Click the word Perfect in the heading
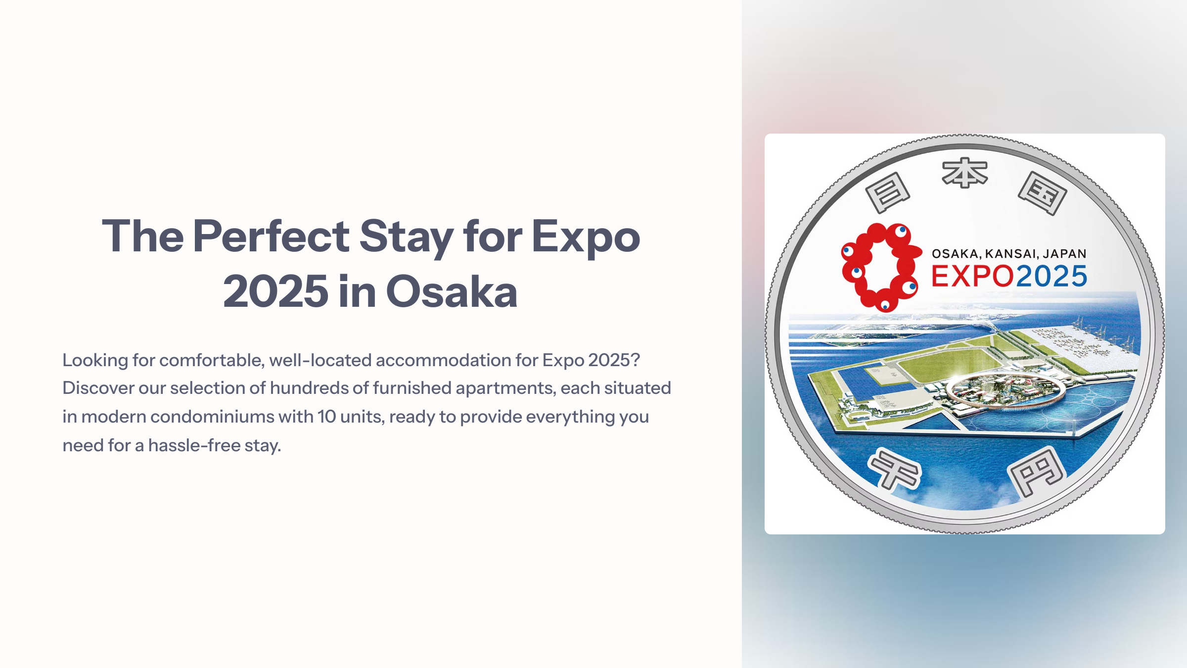coord(271,237)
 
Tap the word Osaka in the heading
coord(452,291)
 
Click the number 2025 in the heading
coord(275,291)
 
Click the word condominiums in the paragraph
coord(212,417)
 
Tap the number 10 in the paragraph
coord(326,417)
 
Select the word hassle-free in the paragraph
coord(194,445)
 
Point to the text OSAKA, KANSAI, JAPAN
coord(1009,254)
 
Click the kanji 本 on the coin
coord(964,173)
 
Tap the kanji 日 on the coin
coord(888,192)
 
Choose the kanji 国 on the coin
coord(1042,193)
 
